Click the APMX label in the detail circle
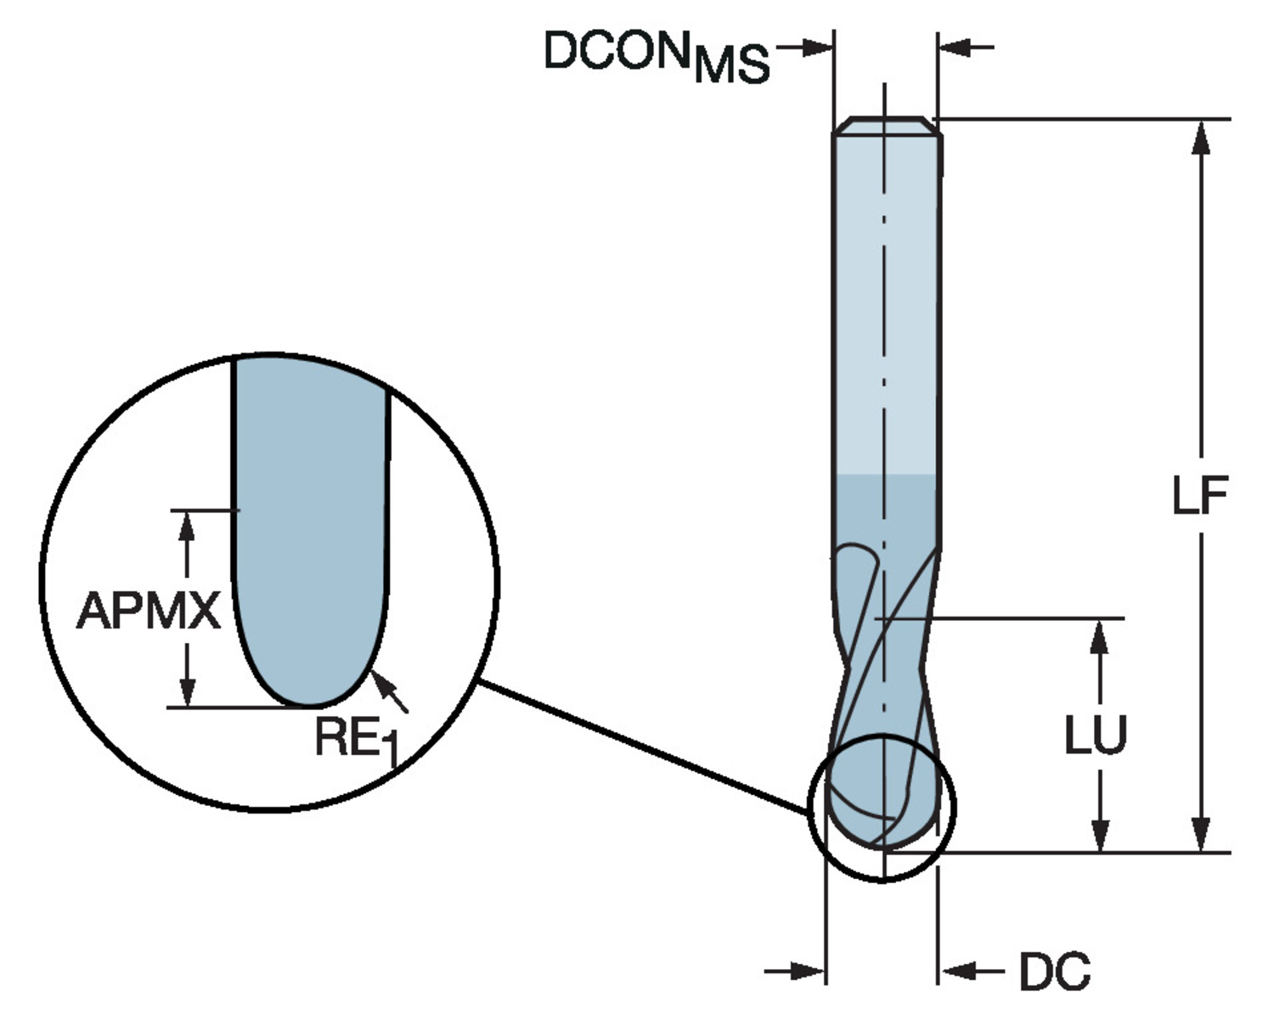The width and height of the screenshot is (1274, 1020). pyautogui.click(x=149, y=611)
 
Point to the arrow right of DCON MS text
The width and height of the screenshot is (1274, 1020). pyautogui.click(x=811, y=48)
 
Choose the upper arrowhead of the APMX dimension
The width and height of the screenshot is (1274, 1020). pyautogui.click(x=187, y=527)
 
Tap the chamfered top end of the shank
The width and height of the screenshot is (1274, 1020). pyautogui.click(x=887, y=125)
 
